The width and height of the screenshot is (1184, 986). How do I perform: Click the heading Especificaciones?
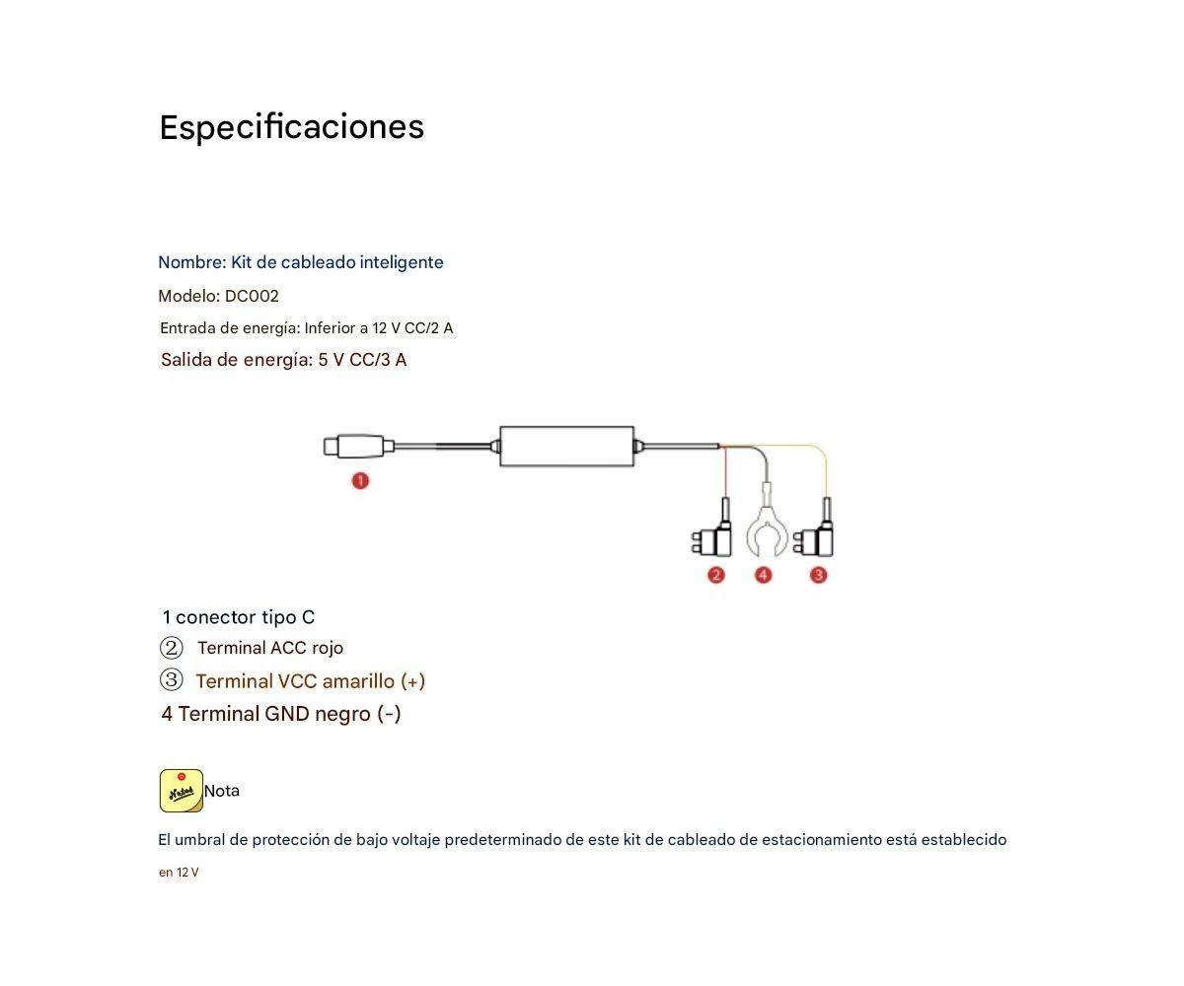(291, 127)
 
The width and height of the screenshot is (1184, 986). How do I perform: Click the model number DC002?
(252, 296)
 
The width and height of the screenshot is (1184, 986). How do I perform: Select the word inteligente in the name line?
(402, 262)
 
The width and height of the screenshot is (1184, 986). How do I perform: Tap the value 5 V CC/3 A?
(362, 360)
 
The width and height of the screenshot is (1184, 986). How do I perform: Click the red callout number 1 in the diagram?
(360, 481)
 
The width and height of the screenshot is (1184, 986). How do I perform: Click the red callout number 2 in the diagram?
(716, 575)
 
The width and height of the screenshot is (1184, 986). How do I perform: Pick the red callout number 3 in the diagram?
(818, 575)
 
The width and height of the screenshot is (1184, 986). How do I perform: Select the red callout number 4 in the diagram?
(763, 575)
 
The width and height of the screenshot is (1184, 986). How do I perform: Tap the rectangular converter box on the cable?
(566, 447)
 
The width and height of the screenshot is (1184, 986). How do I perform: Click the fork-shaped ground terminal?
(767, 532)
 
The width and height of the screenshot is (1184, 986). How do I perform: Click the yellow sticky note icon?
(182, 791)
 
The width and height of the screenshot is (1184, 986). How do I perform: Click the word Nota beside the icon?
(222, 791)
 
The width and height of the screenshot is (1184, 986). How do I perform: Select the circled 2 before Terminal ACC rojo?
(172, 648)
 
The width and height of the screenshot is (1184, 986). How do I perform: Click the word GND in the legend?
(286, 714)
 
